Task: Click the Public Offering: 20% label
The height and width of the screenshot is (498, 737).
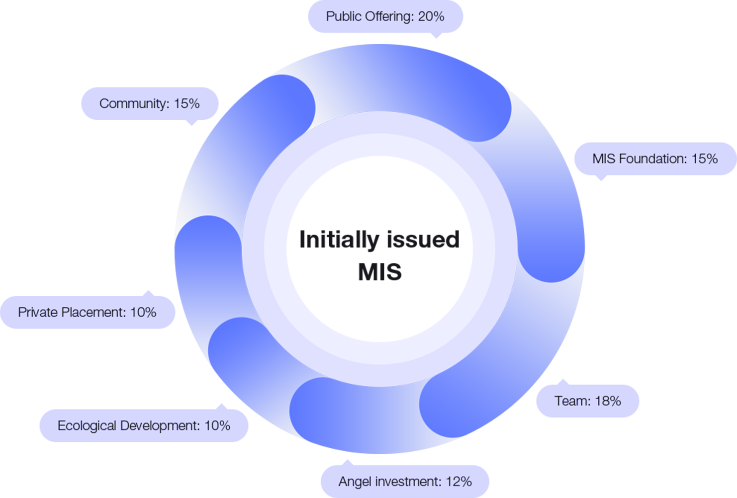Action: pyautogui.click(x=385, y=16)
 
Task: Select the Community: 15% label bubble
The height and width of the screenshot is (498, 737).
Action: pyautogui.click(x=149, y=103)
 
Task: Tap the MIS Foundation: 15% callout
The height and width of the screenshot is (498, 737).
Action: pyautogui.click(x=654, y=159)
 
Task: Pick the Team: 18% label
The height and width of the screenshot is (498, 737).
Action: pyautogui.click(x=587, y=401)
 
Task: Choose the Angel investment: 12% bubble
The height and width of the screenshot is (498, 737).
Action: pyautogui.click(x=405, y=482)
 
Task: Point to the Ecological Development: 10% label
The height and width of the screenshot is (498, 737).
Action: pyautogui.click(x=144, y=426)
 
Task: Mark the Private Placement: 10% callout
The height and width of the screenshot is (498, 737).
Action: pyautogui.click(x=87, y=312)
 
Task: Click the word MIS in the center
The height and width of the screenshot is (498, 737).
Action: pyautogui.click(x=379, y=272)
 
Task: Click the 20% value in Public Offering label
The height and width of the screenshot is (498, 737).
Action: pyautogui.click(x=431, y=16)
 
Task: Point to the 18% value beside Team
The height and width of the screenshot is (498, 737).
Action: pyautogui.click(x=608, y=401)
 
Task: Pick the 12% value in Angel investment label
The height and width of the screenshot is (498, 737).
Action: pyautogui.click(x=459, y=482)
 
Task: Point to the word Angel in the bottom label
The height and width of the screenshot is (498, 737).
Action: pyautogui.click(x=355, y=482)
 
